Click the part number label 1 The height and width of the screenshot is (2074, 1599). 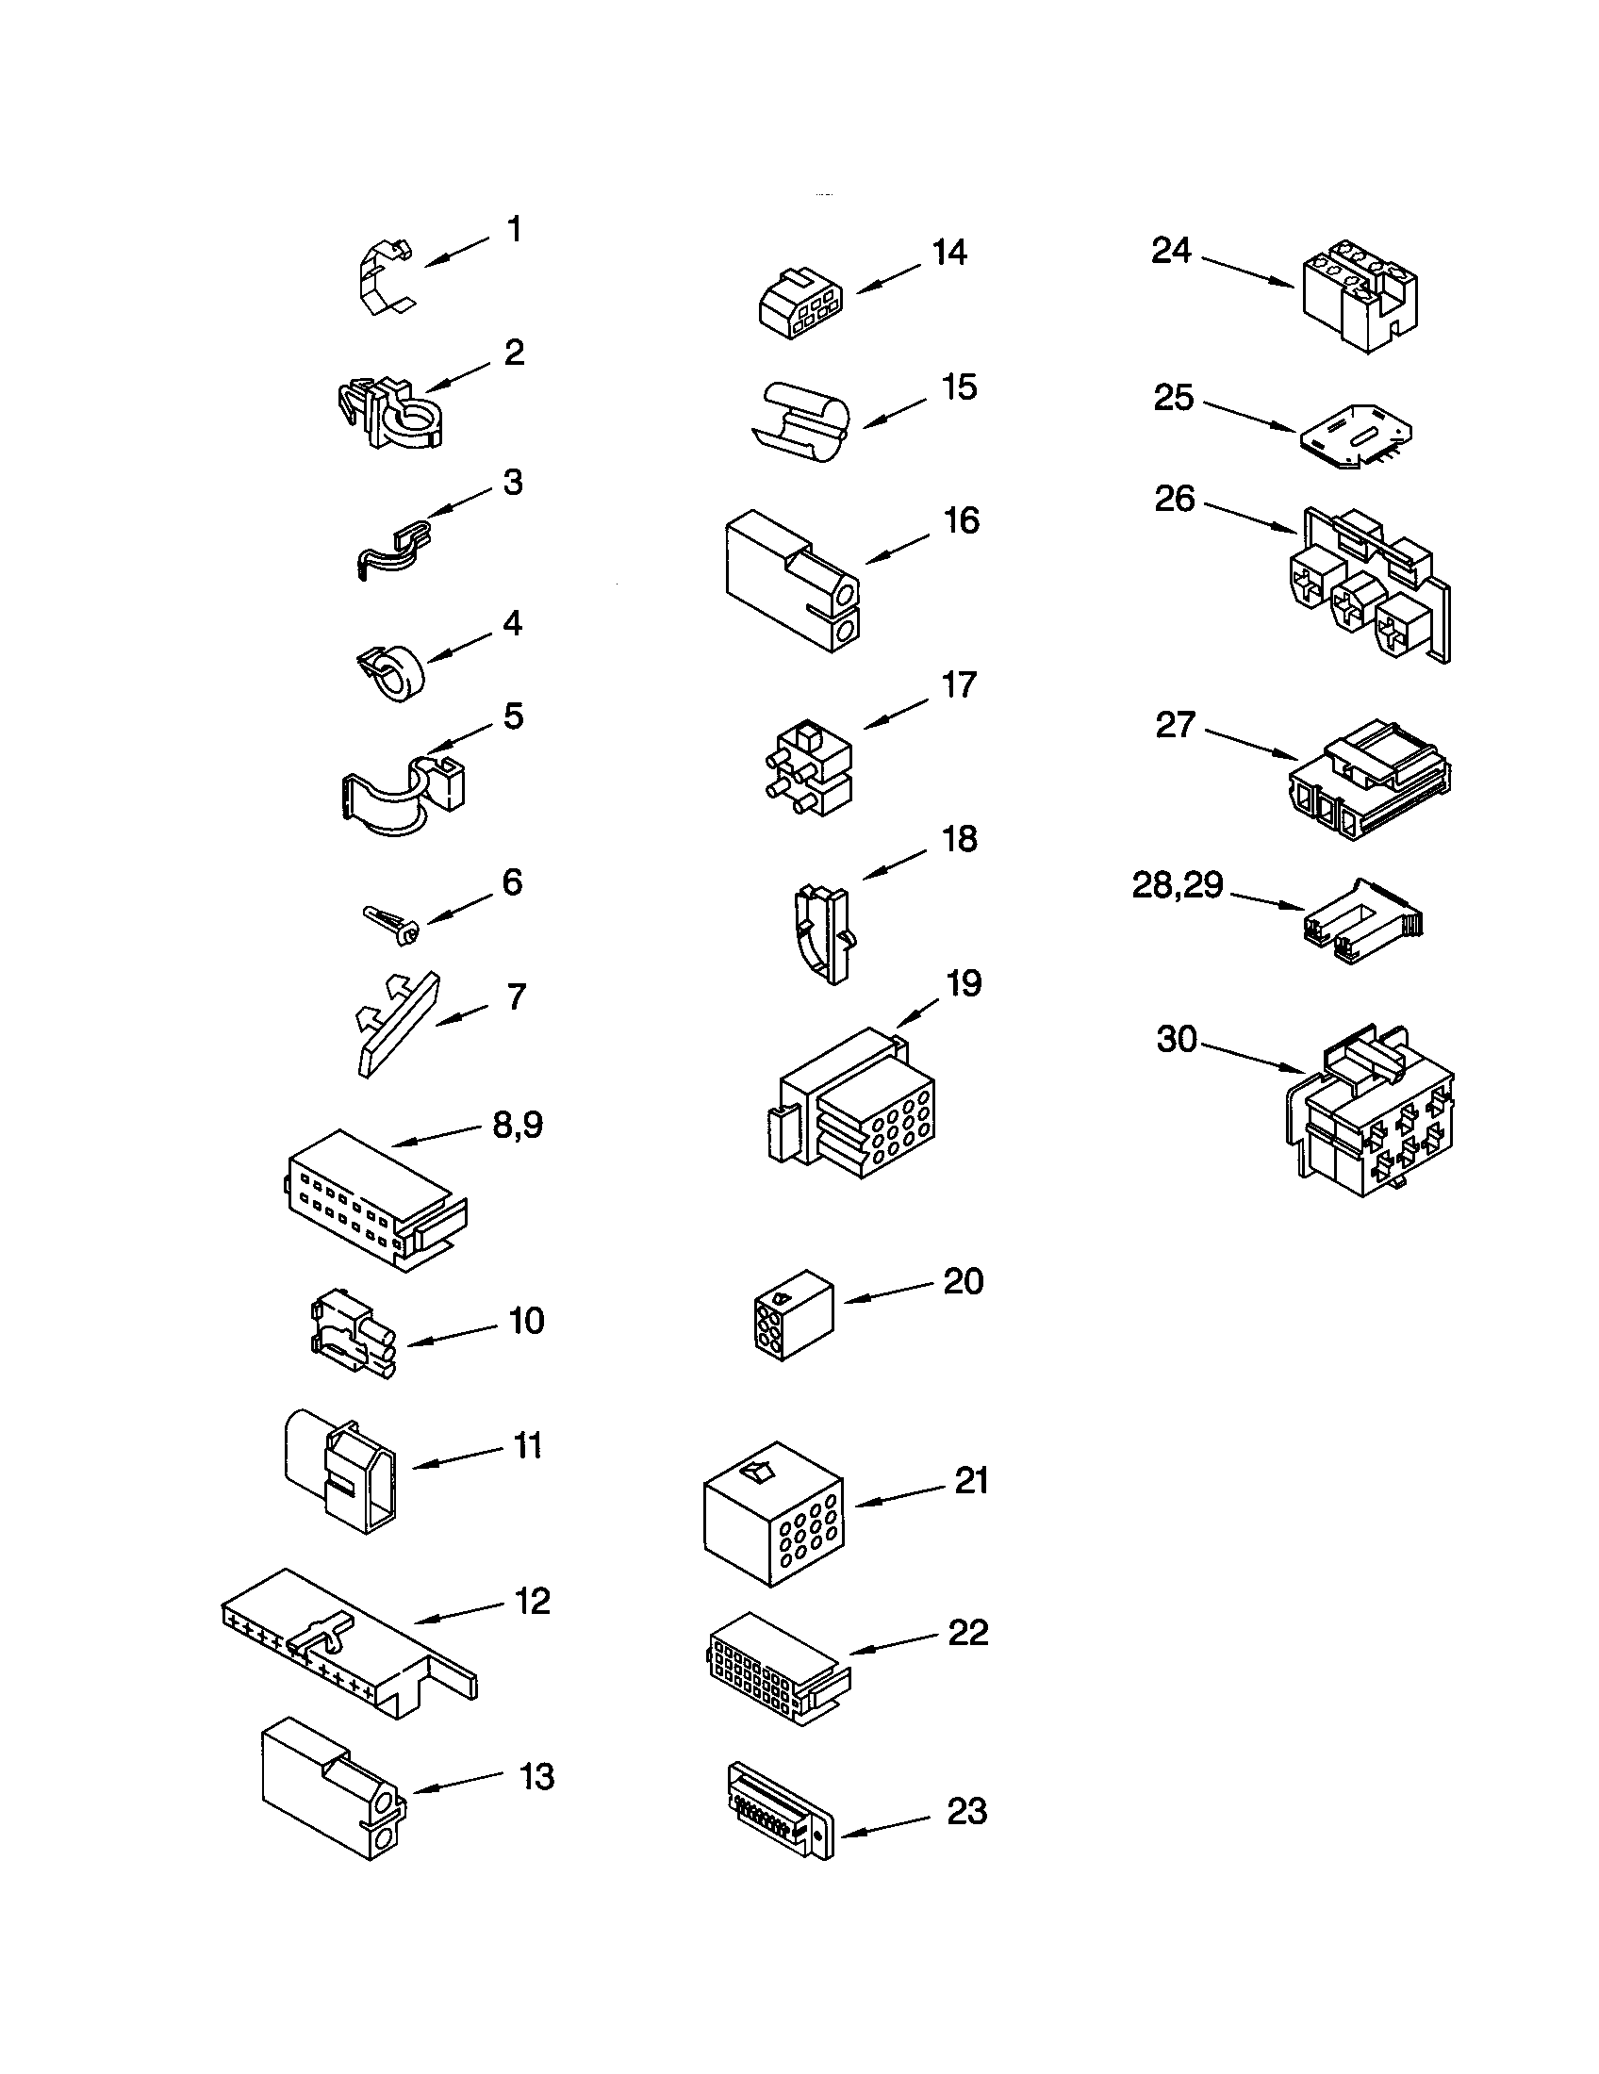(514, 230)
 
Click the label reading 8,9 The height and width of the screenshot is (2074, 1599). (518, 1126)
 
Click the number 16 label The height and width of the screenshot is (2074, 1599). (962, 520)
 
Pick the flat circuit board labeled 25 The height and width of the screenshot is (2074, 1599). (1352, 436)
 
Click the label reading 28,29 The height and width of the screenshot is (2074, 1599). (1178, 886)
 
